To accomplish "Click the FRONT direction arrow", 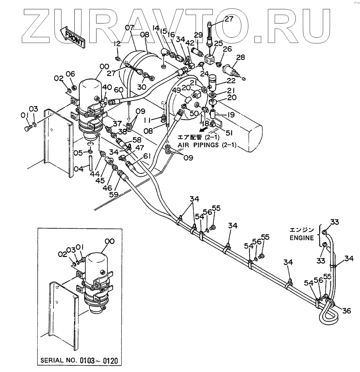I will click(x=72, y=37).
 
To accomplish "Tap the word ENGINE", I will click(x=302, y=238).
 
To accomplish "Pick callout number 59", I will click(x=113, y=194).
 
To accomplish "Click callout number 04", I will click(x=80, y=169).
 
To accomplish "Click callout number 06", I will click(x=70, y=74).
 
